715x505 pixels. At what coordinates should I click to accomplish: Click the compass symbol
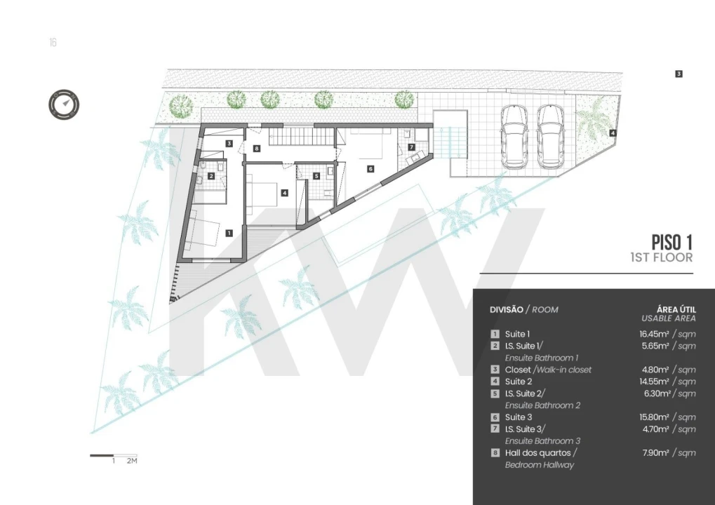[64, 105]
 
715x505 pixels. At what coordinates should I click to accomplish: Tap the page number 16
[53, 42]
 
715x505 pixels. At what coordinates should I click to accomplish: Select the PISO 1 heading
[671, 241]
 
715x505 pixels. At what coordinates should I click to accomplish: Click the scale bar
[113, 455]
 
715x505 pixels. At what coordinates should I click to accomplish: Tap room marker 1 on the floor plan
[229, 233]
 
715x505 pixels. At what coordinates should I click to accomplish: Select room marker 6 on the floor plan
[370, 168]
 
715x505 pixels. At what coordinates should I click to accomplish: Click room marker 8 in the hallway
[257, 148]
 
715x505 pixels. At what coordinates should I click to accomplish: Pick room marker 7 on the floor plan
[411, 147]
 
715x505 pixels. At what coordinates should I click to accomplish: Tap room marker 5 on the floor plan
[316, 176]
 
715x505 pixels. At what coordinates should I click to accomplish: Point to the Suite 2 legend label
[519, 382]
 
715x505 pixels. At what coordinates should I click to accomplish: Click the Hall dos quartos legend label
[538, 453]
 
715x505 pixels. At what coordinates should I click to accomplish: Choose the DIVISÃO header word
[507, 309]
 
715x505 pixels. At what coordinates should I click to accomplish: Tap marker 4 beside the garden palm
[613, 133]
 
